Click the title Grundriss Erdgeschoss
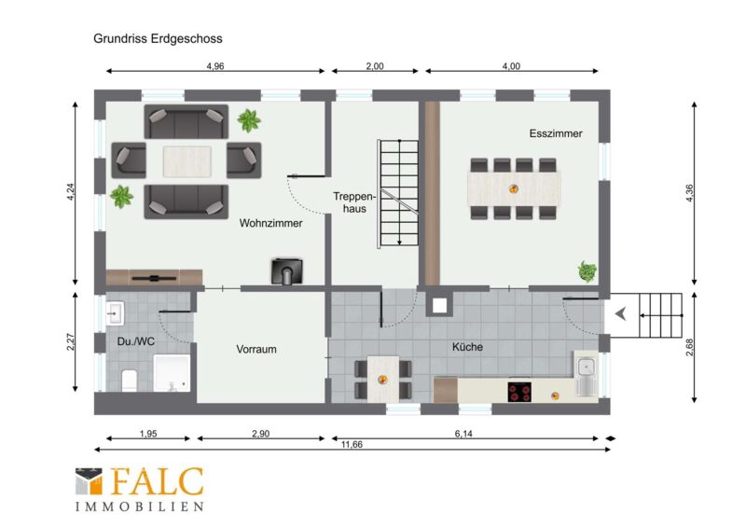pos(158,38)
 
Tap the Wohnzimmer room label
pos(270,223)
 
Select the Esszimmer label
pos(556,133)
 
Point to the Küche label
pos(467,347)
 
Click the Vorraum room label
pos(256,349)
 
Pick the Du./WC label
pos(135,341)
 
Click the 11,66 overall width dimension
pos(352,444)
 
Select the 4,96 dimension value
pos(215,66)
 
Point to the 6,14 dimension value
pos(463,433)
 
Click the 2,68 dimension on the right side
pos(690,347)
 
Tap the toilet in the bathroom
pos(130,380)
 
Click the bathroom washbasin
pos(115,313)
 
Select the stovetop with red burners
pos(519,392)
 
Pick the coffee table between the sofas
pos(187,161)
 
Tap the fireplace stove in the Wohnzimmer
pos(287,271)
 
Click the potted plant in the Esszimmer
pos(587,271)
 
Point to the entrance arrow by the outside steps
pos(620,314)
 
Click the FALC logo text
pos(158,481)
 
